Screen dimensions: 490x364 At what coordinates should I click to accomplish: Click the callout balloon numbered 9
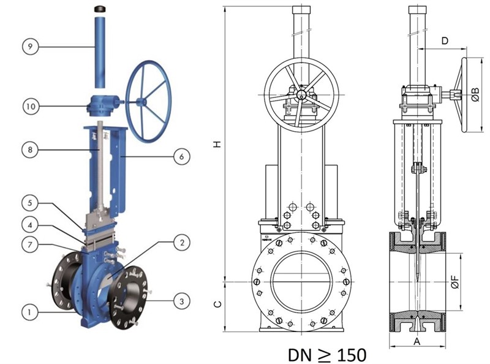(30, 47)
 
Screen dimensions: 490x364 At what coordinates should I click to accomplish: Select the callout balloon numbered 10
(31, 107)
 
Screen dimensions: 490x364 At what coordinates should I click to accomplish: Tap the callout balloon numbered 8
(30, 150)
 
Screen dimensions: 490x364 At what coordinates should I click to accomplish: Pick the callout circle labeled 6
(181, 156)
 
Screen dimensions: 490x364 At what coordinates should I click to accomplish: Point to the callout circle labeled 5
(30, 203)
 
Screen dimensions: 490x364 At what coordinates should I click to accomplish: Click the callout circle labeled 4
(30, 225)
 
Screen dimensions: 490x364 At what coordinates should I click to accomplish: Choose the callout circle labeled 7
(30, 245)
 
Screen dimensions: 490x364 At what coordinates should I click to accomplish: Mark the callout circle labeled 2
(182, 242)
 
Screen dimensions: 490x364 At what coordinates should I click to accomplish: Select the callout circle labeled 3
(181, 301)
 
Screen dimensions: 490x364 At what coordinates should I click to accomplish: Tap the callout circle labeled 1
(29, 312)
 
